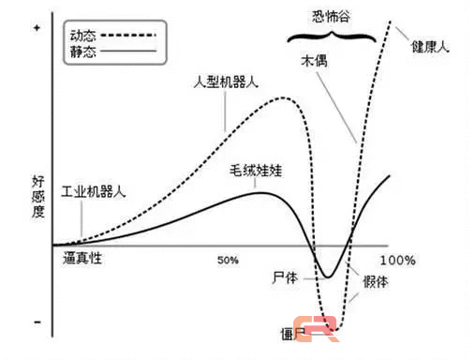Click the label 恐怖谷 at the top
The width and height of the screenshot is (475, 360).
click(334, 16)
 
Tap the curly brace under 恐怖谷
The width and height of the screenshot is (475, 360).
click(334, 38)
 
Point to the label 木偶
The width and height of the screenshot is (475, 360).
click(313, 60)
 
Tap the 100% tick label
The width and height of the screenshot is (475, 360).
click(397, 259)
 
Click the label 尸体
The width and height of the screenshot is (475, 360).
click(285, 278)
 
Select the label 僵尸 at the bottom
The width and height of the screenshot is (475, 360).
click(292, 333)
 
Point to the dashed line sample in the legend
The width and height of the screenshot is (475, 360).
click(126, 35)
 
